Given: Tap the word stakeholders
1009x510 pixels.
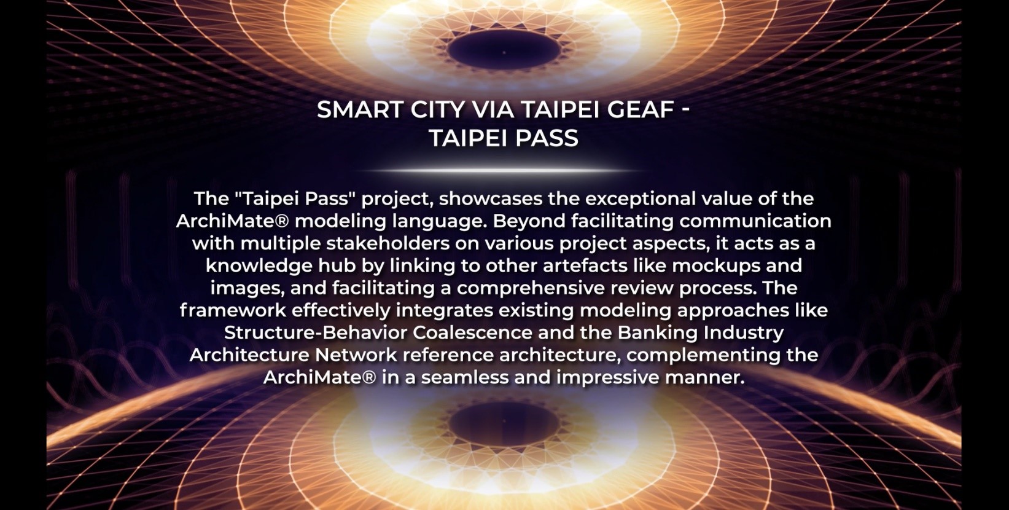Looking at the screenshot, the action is tap(388, 244).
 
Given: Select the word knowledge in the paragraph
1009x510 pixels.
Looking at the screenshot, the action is tap(259, 266).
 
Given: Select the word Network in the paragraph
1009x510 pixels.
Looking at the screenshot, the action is tap(356, 355).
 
